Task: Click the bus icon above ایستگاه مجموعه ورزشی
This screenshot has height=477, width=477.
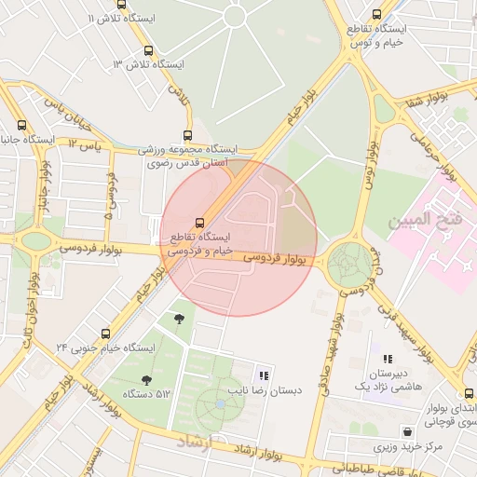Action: (188, 135)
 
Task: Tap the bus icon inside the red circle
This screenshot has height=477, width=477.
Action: (171, 221)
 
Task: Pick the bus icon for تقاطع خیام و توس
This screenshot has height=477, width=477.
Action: (376, 15)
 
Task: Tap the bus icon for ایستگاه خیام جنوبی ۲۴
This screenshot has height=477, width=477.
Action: (104, 334)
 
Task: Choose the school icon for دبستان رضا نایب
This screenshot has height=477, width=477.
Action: (265, 375)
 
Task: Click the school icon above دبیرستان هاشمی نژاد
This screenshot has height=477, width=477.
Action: (388, 358)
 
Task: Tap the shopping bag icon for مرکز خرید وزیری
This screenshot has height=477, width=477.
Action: (407, 431)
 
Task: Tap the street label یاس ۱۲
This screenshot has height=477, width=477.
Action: (84, 144)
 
